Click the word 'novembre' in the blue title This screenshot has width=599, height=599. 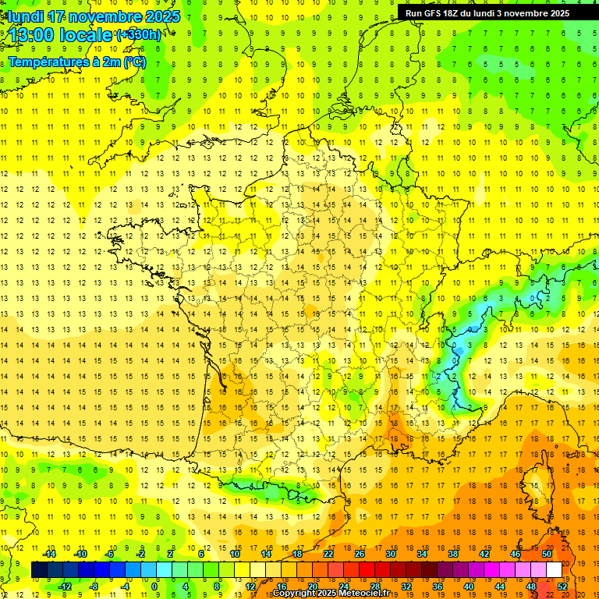109,16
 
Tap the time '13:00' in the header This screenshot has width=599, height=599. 32,35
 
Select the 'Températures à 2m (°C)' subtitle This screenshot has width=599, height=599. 77,62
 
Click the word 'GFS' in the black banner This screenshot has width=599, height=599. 431,13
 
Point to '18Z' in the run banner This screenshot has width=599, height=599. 452,13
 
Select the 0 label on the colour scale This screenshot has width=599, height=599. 154,586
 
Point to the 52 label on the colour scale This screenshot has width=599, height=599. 562,586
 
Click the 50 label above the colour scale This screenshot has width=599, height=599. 546,554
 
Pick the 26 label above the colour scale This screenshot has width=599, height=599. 359,554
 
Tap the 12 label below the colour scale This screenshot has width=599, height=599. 250,586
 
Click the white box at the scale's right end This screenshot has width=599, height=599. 554,569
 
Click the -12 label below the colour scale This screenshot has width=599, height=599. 66,586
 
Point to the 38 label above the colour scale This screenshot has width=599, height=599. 452,554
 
